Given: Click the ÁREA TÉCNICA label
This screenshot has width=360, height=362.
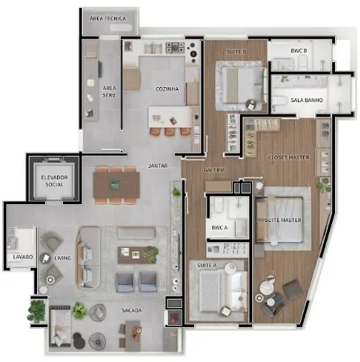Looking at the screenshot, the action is (108, 19).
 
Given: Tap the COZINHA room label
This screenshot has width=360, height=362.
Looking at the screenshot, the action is (167, 89).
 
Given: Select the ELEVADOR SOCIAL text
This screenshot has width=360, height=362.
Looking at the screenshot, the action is (54, 181).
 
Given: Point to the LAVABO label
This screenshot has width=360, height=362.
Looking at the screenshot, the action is (23, 257).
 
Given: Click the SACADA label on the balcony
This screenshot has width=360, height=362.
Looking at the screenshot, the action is (131, 311).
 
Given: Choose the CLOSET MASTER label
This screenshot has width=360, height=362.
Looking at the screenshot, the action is (289, 157).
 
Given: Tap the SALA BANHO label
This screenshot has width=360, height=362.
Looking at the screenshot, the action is (306, 100).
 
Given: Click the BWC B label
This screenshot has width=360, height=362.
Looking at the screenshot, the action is (299, 51).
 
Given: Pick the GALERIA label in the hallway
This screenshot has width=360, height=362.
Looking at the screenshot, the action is (214, 170).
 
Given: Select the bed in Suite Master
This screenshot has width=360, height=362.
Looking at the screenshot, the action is (279, 220).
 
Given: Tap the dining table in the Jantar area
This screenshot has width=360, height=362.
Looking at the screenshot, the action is (116, 185).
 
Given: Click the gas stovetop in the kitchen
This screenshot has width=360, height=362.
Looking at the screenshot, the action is (175, 47).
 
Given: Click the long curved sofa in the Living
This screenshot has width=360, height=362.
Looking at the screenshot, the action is (88, 258).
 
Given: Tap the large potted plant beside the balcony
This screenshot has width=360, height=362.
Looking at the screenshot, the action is (37, 310).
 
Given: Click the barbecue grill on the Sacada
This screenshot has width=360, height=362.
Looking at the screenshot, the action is (174, 317).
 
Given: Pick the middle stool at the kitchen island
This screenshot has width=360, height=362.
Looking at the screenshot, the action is (169, 131).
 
